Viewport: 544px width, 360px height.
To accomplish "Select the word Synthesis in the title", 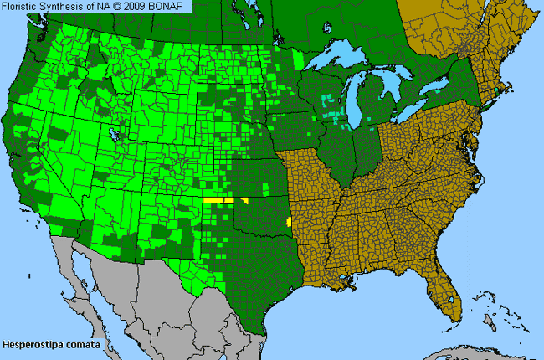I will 69,7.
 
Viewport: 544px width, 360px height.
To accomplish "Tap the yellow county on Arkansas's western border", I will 289,222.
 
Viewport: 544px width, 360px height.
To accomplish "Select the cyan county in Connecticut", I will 500,90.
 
